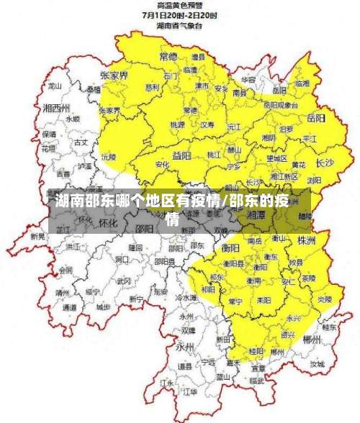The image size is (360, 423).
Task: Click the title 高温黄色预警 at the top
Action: click(179, 5)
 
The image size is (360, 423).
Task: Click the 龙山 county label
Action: click(54, 84)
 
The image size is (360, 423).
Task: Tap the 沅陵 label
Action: click(108, 155)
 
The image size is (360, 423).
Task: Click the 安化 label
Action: click(162, 165)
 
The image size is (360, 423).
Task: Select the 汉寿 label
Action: click(207, 124)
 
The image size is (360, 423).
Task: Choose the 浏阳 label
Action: click(313, 180)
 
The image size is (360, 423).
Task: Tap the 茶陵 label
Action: click(308, 278)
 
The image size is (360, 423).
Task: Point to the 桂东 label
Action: click(329, 326)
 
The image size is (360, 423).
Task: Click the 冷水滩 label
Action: click(185, 297)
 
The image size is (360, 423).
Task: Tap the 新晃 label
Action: click(37, 236)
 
